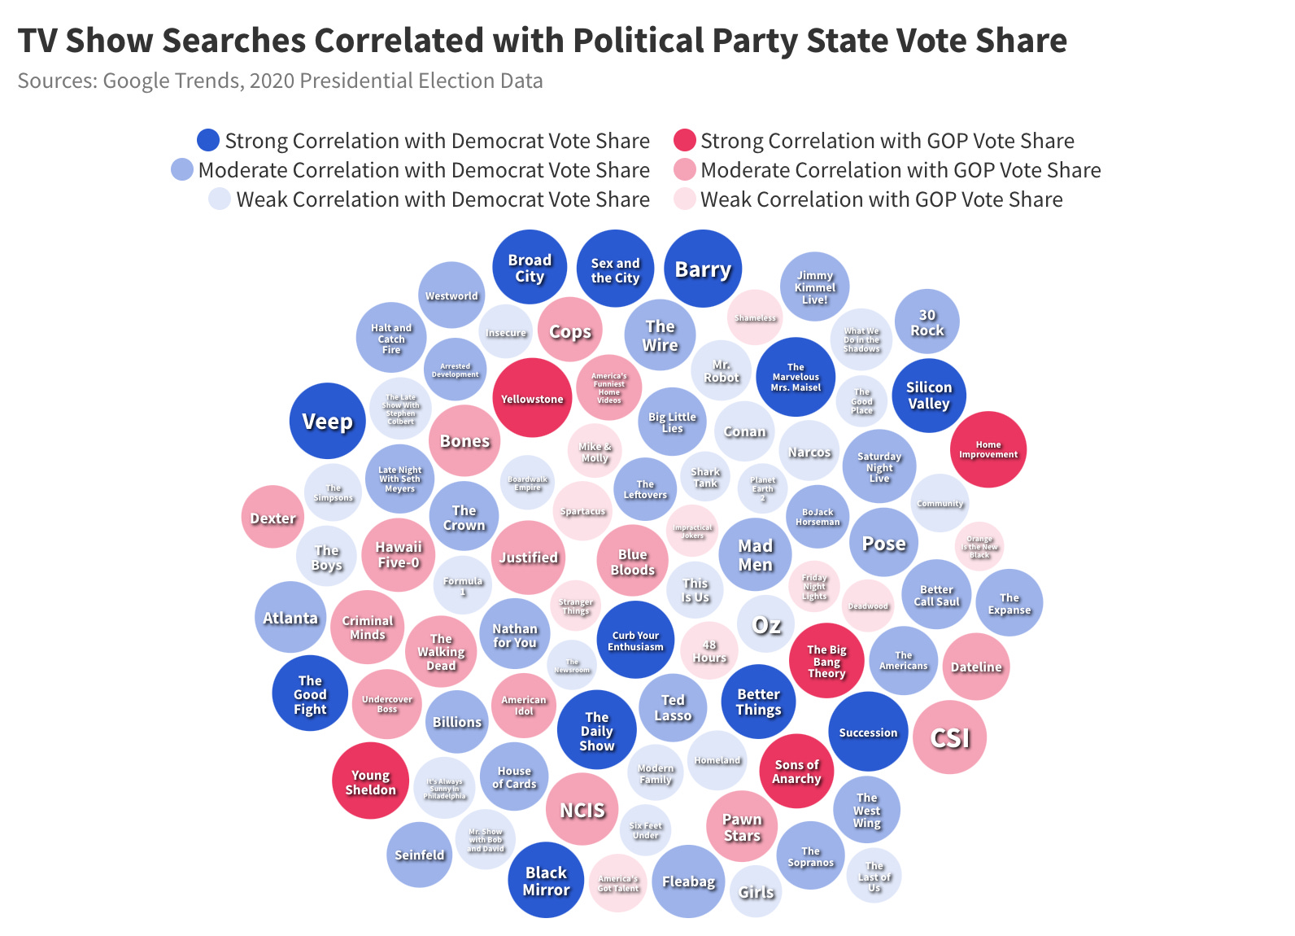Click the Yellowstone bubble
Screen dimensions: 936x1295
(x=532, y=398)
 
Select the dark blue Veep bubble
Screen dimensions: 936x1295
(x=328, y=421)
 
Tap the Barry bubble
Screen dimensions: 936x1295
(x=703, y=269)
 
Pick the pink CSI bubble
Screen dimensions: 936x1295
(x=949, y=737)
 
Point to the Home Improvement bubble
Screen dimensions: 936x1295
(x=988, y=449)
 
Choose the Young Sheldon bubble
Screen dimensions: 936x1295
(x=370, y=781)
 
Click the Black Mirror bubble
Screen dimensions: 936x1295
(x=546, y=880)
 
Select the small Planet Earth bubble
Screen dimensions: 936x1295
(x=763, y=488)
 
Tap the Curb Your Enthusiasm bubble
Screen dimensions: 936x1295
(x=635, y=640)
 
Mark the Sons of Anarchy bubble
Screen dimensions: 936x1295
(x=796, y=771)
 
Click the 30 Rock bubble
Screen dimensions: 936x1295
(x=927, y=322)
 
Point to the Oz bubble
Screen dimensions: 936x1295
(x=766, y=625)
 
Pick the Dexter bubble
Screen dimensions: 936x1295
(x=273, y=517)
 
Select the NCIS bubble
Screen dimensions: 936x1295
(x=582, y=809)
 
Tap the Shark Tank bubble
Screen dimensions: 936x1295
(x=705, y=477)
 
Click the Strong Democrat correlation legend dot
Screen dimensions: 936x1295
(x=208, y=140)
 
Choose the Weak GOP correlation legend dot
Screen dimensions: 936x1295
(x=684, y=199)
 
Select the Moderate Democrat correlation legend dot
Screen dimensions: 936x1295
(x=182, y=169)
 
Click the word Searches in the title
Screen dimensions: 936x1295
(x=233, y=41)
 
